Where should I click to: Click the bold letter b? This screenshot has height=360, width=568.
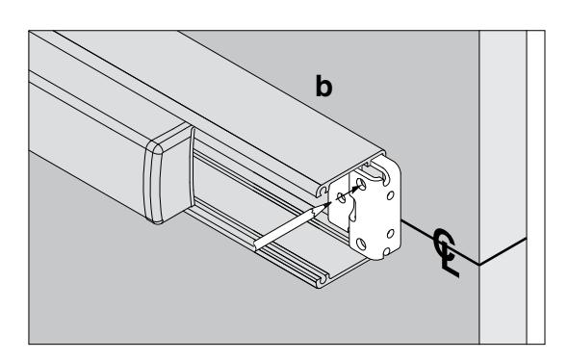point(323,87)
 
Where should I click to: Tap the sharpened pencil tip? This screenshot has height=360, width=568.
point(330,203)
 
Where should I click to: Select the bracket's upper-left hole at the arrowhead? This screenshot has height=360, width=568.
point(361,184)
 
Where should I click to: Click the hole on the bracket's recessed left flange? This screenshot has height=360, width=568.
point(341,197)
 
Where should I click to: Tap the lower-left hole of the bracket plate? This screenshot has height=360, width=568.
point(362,244)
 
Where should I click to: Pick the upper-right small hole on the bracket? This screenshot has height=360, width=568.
point(391,195)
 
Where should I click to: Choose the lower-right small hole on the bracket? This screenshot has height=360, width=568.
point(391,234)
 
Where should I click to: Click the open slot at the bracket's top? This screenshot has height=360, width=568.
point(385,174)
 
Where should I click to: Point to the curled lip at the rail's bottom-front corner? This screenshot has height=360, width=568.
point(322,280)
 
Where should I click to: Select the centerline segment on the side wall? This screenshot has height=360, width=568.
point(503,251)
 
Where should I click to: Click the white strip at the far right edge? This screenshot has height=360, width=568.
point(535,188)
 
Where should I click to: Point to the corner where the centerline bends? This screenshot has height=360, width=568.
point(479,265)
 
